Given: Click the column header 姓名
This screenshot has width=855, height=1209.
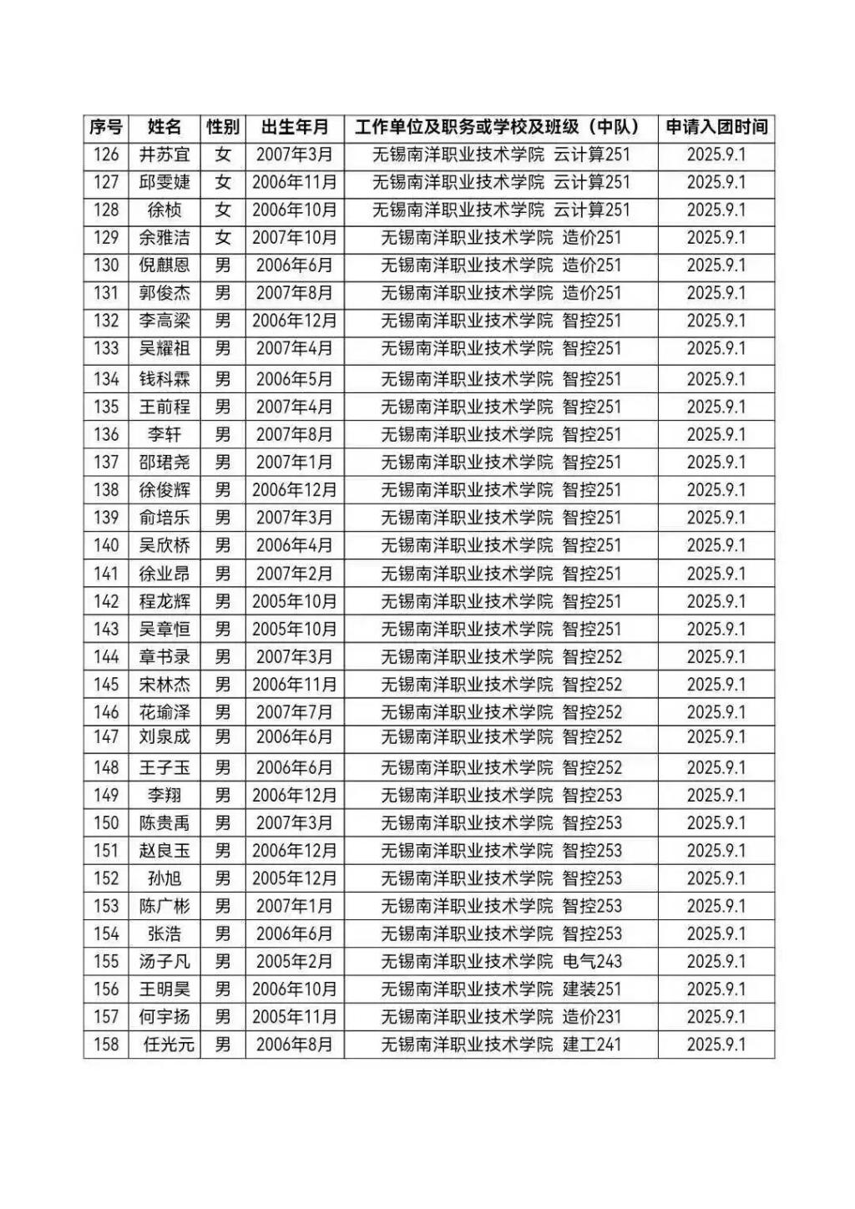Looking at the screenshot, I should [164, 127].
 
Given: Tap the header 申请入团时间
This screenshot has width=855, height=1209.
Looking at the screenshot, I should [716, 127].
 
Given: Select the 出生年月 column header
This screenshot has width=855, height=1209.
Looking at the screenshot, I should [295, 127].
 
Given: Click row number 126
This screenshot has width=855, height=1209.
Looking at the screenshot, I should [106, 154].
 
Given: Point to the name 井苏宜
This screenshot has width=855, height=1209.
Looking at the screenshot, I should [164, 154].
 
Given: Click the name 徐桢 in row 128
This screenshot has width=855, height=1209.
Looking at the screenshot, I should [164, 210].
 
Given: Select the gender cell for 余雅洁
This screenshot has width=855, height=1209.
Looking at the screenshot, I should [223, 238].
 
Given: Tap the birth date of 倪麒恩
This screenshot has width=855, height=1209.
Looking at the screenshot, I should [295, 266].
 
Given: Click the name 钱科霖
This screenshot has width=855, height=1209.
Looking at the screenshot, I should [164, 379].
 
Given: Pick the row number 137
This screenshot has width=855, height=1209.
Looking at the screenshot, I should [106, 462].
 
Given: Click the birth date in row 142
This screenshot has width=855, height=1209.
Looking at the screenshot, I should [295, 601].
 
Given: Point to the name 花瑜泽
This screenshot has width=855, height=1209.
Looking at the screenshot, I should [164, 712].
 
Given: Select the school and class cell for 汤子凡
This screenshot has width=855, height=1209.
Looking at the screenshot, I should [501, 962].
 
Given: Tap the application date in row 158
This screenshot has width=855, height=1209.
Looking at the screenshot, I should [716, 1045].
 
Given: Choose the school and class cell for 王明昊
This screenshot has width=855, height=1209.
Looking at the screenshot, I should [501, 989].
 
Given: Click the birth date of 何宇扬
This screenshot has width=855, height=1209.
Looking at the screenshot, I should [295, 1017].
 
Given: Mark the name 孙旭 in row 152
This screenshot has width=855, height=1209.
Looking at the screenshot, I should [164, 878].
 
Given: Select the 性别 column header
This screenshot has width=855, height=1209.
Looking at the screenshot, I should [223, 127].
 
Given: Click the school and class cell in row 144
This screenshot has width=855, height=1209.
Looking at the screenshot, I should [501, 657].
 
